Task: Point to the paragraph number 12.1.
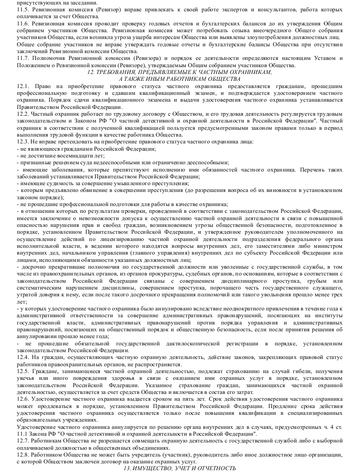pos(22,86)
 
